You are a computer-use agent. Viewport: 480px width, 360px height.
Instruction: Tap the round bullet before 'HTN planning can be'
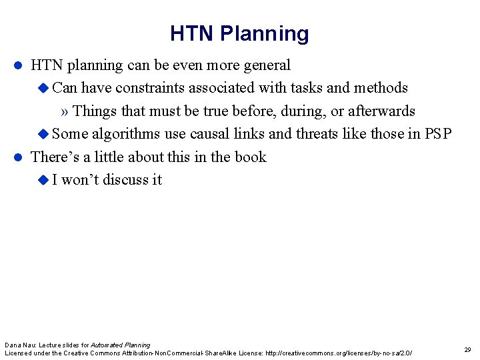(x=19, y=65)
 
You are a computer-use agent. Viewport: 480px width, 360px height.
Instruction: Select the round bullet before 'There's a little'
(x=19, y=157)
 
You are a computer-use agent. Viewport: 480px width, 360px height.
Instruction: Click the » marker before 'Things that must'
(x=65, y=111)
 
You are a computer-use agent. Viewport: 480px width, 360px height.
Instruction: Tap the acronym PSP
(x=438, y=134)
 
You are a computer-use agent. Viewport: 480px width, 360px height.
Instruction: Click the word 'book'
(x=251, y=157)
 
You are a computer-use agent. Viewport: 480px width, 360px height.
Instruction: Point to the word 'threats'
(x=316, y=134)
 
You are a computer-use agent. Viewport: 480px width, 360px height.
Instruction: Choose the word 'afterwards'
(x=381, y=111)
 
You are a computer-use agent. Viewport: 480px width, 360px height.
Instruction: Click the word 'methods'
(x=381, y=88)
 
